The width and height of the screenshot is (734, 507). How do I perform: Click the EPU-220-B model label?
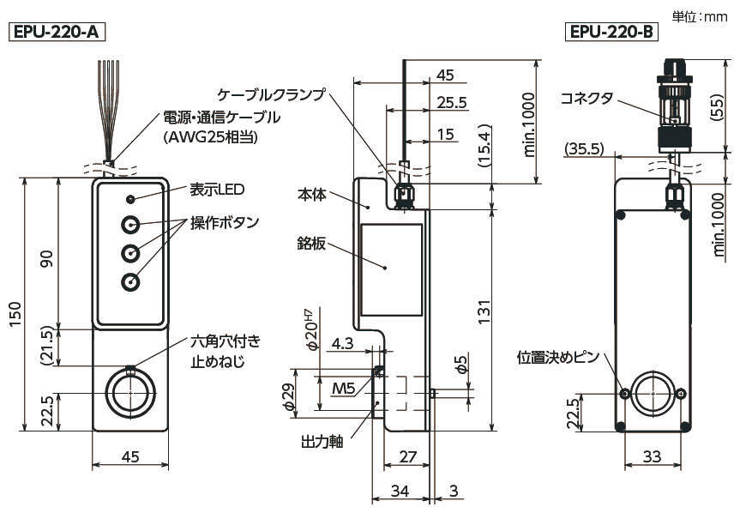(x=611, y=33)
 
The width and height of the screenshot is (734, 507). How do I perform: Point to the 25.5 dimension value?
(x=451, y=103)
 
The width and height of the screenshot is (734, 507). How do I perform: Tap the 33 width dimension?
(x=652, y=457)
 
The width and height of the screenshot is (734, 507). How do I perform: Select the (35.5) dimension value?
(x=585, y=149)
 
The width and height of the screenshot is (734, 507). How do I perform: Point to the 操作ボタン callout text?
(x=224, y=223)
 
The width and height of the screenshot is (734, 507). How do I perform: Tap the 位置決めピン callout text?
(x=559, y=355)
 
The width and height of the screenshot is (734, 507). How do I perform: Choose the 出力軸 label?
(x=322, y=443)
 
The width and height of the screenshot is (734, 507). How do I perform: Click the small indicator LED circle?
(x=130, y=199)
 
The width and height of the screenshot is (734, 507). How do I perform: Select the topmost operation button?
(x=130, y=226)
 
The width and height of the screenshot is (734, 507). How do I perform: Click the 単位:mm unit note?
(x=699, y=15)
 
